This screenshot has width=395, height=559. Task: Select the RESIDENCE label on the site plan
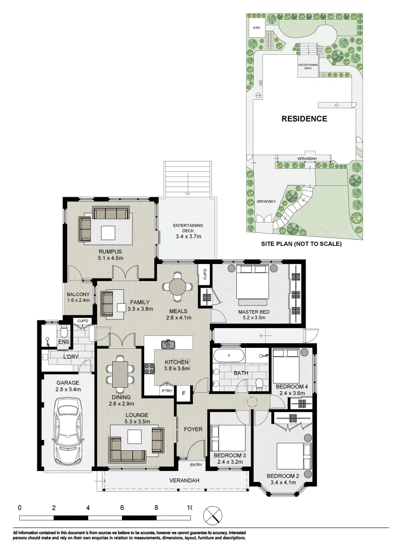click(304, 119)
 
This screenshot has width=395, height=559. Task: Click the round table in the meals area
click(177, 286)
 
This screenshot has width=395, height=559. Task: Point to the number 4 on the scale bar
click(88, 508)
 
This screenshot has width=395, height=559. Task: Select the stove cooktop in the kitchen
click(150, 369)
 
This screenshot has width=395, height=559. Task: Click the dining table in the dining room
click(120, 374)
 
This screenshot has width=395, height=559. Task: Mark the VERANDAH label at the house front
click(183, 481)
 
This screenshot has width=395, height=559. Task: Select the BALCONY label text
click(78, 295)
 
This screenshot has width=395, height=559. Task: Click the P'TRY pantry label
click(166, 391)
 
